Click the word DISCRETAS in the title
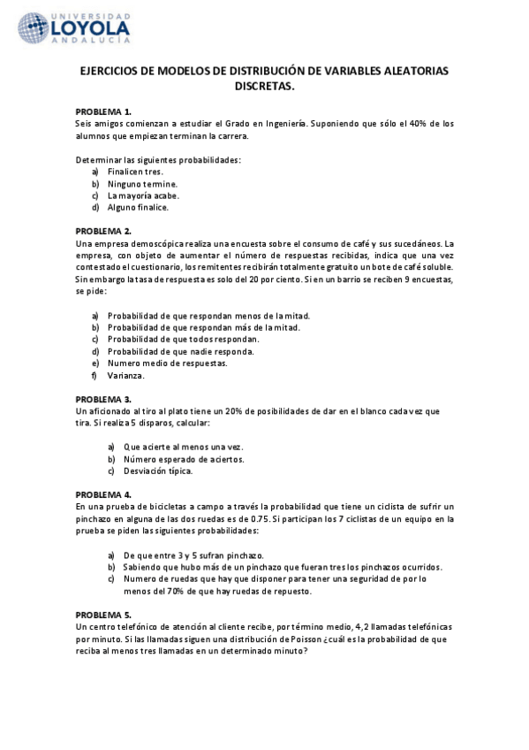pyautogui.click(x=264, y=88)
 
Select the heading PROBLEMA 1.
pyautogui.click(x=103, y=111)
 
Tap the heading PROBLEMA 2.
pyautogui.click(x=103, y=231)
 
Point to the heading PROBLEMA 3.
pyautogui.click(x=103, y=399)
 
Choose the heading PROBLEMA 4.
pyautogui.click(x=103, y=494)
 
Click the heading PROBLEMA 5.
pyautogui.click(x=103, y=614)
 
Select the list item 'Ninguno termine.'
pyautogui.click(x=142, y=183)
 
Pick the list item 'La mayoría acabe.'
pyautogui.click(x=143, y=195)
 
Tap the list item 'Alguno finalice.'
pyautogui.click(x=140, y=208)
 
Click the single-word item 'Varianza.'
pyautogui.click(x=126, y=375)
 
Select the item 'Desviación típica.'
pyautogui.click(x=158, y=471)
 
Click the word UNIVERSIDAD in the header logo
pyautogui.click(x=94, y=17)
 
